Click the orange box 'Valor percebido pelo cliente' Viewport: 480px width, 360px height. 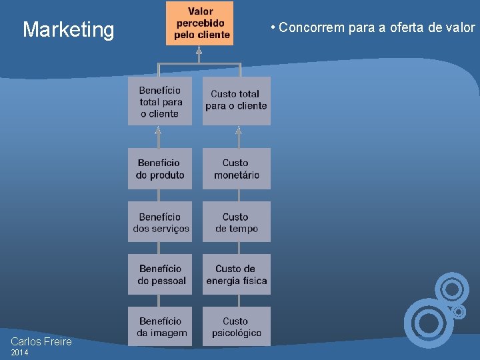tap(200, 23)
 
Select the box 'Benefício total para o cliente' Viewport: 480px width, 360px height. tap(160, 101)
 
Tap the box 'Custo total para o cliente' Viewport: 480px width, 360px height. tap(237, 101)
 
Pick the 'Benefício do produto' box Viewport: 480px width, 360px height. tap(160, 169)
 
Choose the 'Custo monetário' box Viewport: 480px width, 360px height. tap(237, 169)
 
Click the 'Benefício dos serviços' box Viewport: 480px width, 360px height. tap(160, 222)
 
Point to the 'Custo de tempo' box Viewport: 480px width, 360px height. tap(237, 222)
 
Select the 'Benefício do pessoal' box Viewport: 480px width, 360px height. tap(160, 274)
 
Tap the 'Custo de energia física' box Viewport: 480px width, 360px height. tap(237, 274)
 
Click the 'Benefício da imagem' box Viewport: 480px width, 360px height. tap(160, 327)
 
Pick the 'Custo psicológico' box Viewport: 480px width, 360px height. tap(237, 327)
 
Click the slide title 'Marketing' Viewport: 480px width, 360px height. tap(69, 29)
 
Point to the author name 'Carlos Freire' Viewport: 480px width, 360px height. tap(41, 342)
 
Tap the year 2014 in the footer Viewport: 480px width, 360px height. tap(20, 353)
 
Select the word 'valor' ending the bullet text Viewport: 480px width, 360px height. tap(462, 28)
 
